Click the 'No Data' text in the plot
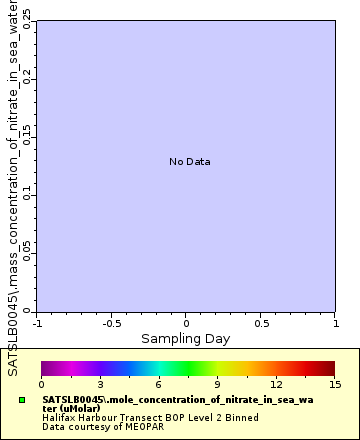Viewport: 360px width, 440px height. [189, 162]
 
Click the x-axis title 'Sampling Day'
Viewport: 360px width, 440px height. [185, 339]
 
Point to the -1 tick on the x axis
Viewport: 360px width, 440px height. [37, 323]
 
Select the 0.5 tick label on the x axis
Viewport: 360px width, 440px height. [260, 323]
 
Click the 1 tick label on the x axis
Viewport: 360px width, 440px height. [334, 323]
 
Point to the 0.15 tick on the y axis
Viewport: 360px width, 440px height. [27, 134]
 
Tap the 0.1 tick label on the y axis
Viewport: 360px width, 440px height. [27, 193]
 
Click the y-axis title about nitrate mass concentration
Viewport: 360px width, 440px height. [13, 190]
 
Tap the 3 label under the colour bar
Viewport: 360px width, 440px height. [100, 384]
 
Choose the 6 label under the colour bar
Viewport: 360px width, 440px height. [158, 384]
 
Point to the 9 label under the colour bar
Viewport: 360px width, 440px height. [217, 384]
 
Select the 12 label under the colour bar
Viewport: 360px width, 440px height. [275, 384]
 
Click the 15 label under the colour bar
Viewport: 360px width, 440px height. [334, 384]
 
